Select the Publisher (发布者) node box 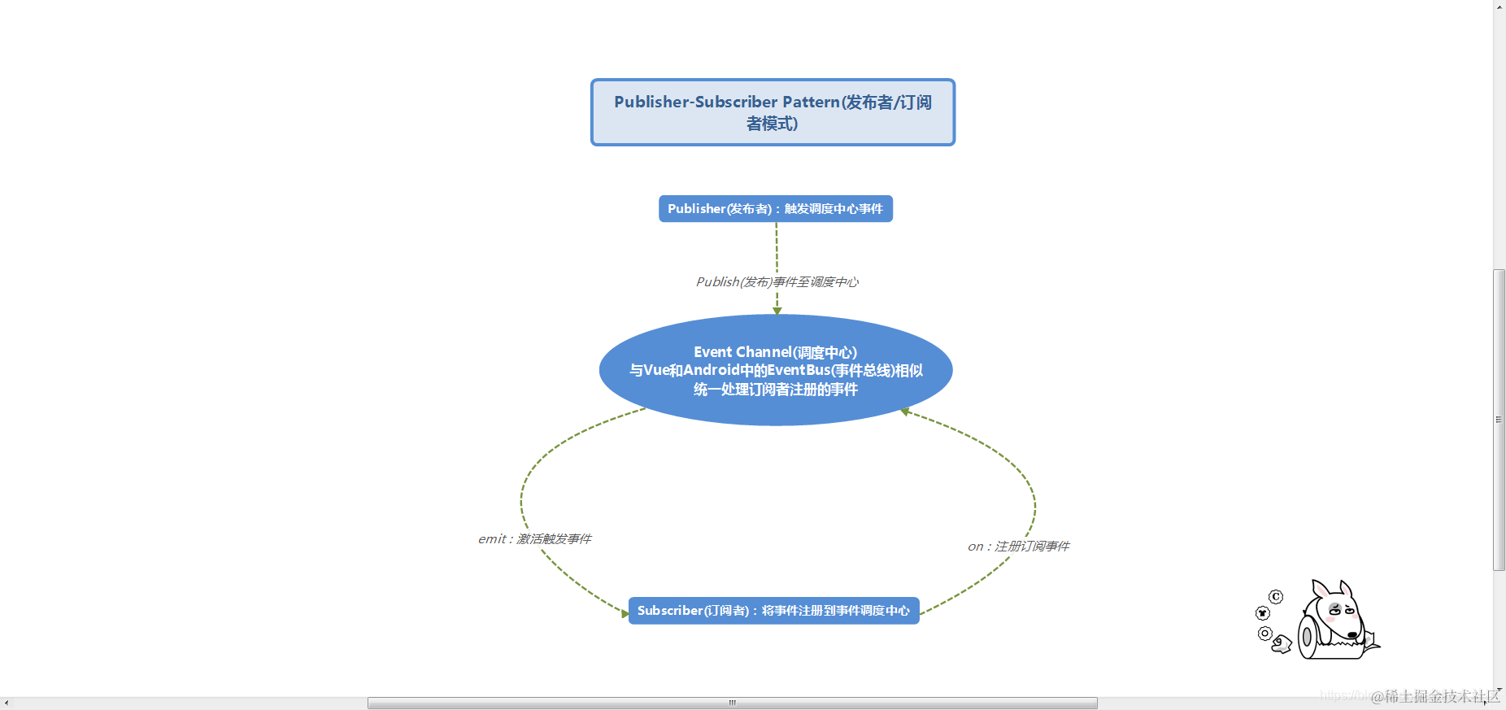pos(775,209)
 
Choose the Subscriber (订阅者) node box pos(773,611)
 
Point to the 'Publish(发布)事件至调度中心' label pos(777,282)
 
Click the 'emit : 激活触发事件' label pos(534,539)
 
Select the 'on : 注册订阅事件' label pos(1018,547)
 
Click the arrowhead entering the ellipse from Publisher pos(777,311)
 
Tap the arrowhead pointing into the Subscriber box pos(625,613)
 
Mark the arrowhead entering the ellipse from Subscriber pos(904,412)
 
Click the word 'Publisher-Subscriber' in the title pos(695,102)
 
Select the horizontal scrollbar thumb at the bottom pos(732,703)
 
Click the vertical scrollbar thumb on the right pos(1499,420)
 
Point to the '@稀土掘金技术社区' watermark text pos(1435,697)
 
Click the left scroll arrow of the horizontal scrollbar pos(7,703)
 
